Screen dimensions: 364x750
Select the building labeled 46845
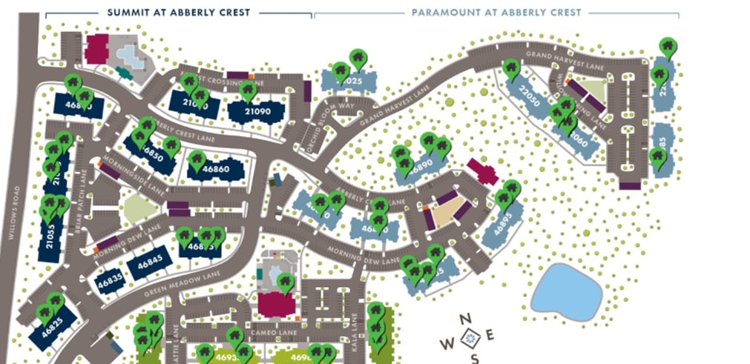click(x=154, y=262)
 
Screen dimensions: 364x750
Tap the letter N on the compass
click(x=466, y=320)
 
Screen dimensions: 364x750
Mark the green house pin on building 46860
click(x=197, y=160)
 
